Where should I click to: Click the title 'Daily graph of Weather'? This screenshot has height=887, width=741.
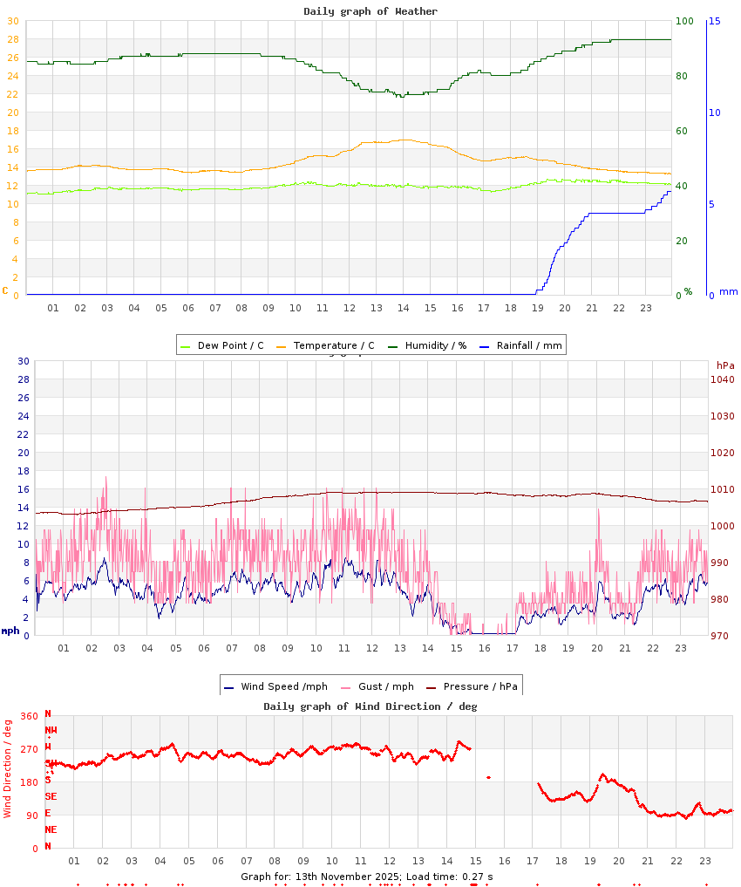[370, 11]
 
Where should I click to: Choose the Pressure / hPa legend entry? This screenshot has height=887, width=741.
[479, 686]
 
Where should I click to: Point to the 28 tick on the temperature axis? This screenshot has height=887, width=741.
[12, 39]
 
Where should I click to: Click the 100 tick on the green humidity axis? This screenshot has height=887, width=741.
[685, 21]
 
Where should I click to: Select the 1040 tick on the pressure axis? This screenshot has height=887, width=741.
[723, 379]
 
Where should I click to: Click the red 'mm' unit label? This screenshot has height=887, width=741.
[728, 292]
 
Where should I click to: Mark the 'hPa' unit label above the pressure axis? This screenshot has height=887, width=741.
[725, 365]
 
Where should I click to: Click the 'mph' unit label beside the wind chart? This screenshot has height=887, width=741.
[10, 631]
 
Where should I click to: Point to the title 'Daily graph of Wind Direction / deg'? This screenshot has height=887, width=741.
[370, 706]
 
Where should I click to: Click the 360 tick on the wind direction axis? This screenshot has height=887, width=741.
[29, 716]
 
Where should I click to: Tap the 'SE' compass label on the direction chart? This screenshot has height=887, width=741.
[51, 796]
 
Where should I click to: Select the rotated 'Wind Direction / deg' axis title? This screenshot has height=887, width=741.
[8, 768]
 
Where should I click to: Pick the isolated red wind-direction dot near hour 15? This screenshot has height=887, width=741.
[488, 777]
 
